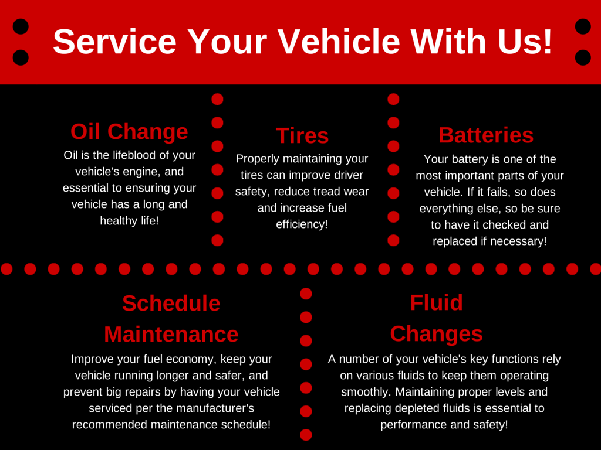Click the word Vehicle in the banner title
pos(339,42)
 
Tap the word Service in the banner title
pos(114,42)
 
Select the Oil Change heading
pos(129,132)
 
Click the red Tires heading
pos(302,135)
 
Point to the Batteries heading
pos(486,135)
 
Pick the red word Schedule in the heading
pos(171,303)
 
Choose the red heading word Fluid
pos(437,303)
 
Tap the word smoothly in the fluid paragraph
pos(366,392)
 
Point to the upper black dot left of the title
pos(21,26)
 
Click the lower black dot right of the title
pos(583,57)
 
